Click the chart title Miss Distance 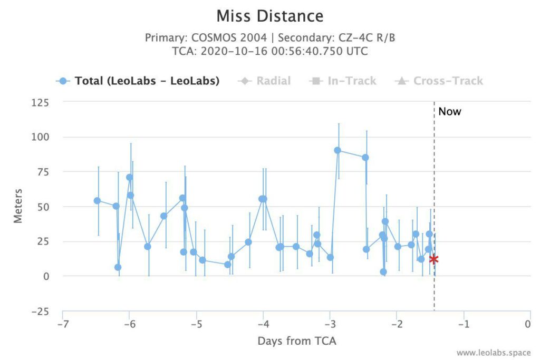(270, 16)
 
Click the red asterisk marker (434, 259)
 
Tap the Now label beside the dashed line (449, 112)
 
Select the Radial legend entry (265, 81)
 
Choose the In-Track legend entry (343, 81)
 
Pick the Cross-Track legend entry (439, 81)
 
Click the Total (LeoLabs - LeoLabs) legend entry (138, 81)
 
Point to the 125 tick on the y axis (40, 103)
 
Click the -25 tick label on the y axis (40, 312)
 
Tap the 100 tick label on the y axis (40, 137)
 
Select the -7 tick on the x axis (62, 324)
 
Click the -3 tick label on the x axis (330, 324)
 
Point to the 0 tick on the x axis (527, 324)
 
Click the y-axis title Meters (18, 206)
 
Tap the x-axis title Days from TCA (297, 340)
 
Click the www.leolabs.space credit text (494, 353)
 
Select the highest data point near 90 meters (337, 150)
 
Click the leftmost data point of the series (97, 201)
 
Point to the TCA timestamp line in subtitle (270, 51)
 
